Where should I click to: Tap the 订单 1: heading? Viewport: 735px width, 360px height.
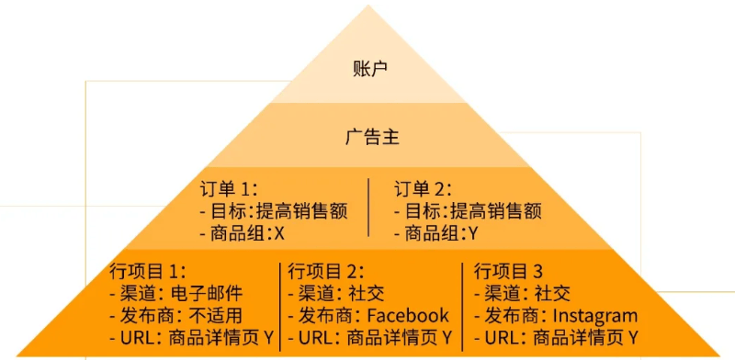(230, 189)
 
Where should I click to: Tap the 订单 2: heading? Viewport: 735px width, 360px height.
(424, 189)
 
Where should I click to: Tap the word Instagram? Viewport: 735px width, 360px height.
(594, 316)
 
